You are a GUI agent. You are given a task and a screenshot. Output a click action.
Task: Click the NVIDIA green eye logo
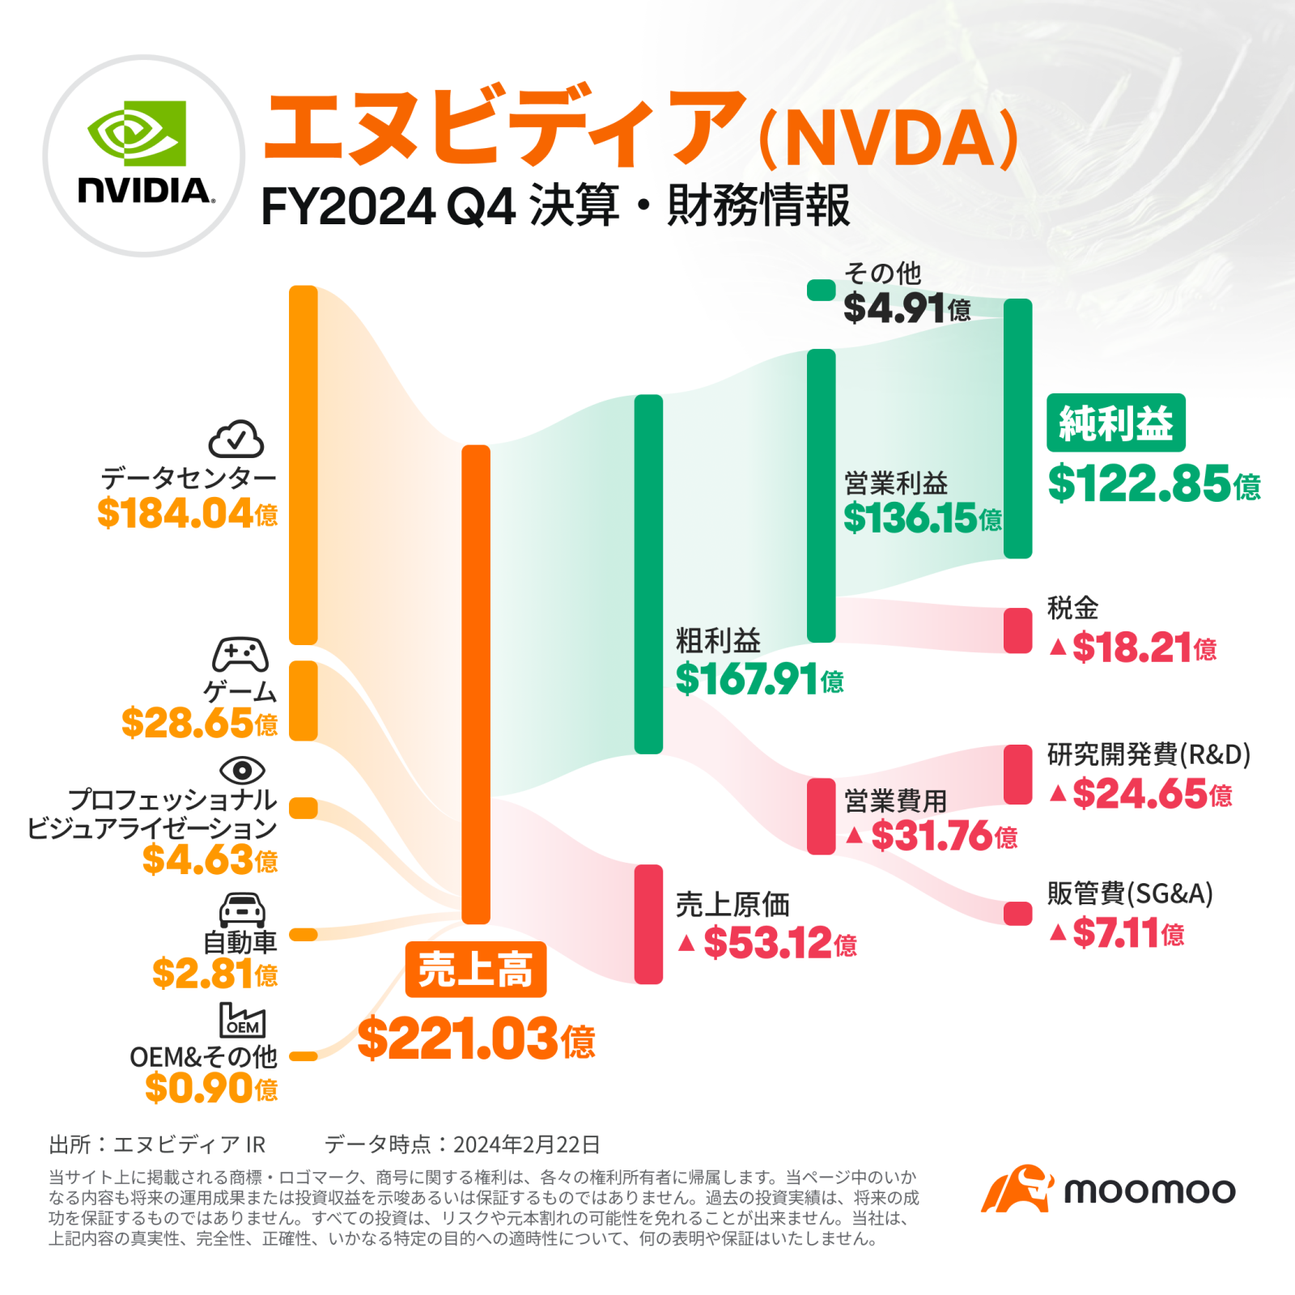click(137, 132)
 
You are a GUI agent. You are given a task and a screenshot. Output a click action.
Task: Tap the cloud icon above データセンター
click(236, 439)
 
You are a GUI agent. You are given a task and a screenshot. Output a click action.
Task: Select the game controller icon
click(240, 655)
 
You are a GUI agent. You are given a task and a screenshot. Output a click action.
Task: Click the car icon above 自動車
click(242, 910)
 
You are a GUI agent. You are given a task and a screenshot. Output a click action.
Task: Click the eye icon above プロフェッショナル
click(242, 771)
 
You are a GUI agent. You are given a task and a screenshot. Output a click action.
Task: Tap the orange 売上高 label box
click(476, 969)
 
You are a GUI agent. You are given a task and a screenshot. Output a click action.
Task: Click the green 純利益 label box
click(1115, 422)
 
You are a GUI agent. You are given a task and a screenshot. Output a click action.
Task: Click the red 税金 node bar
click(1017, 631)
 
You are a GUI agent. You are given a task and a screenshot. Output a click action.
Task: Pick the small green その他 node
click(821, 290)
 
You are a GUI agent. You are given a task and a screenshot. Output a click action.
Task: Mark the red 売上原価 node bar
click(648, 924)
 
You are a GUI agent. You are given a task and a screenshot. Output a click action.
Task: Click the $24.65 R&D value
click(1151, 794)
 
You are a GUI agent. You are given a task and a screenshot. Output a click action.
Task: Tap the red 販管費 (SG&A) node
click(1017, 913)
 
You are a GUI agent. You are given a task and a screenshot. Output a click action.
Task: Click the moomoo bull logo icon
click(1017, 1190)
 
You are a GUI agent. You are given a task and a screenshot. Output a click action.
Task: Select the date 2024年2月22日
click(526, 1144)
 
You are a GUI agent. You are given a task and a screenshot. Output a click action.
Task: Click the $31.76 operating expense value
click(943, 835)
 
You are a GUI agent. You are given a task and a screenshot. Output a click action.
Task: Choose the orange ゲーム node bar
click(304, 701)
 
